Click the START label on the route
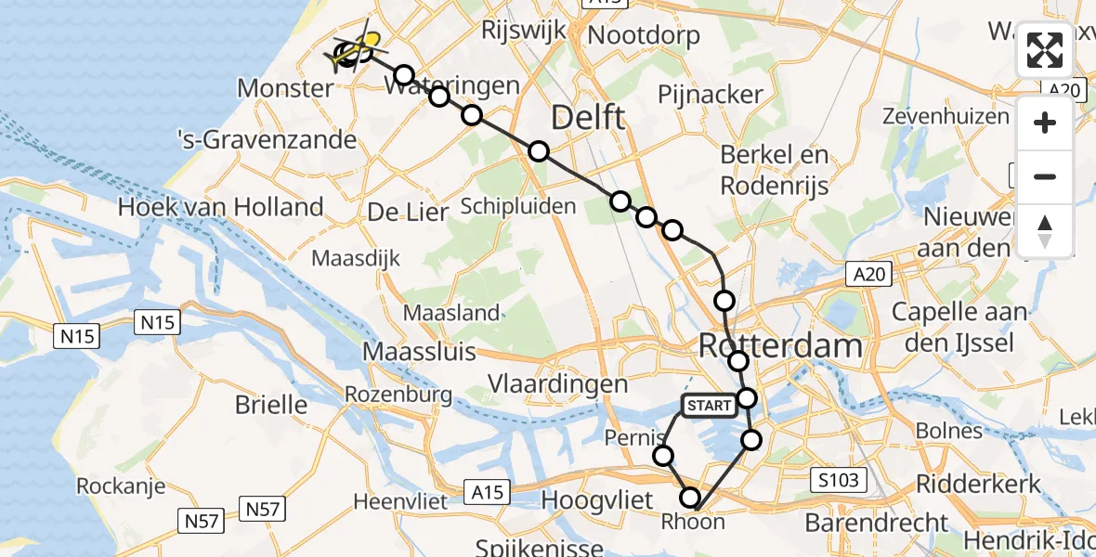[711, 406]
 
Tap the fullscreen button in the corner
[1045, 50]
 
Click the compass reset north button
[1045, 231]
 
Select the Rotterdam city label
[779, 346]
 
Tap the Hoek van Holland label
[221, 206]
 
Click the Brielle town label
[271, 405]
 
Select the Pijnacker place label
[711, 94]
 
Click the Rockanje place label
[121, 486]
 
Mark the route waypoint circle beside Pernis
[663, 455]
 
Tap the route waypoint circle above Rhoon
[690, 498]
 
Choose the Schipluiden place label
[518, 206]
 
